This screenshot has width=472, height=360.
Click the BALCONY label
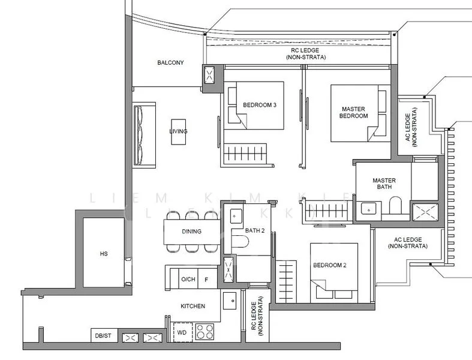170,62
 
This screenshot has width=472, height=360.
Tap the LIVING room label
178,131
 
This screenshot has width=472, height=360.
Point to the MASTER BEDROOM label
354,112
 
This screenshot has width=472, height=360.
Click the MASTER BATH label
384,184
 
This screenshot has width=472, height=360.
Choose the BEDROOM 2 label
330,265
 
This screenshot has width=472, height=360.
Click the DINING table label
191,232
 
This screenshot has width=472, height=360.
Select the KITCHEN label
193,306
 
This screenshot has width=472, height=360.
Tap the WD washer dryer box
181,331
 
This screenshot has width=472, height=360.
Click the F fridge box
206,278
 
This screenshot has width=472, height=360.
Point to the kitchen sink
229,300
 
